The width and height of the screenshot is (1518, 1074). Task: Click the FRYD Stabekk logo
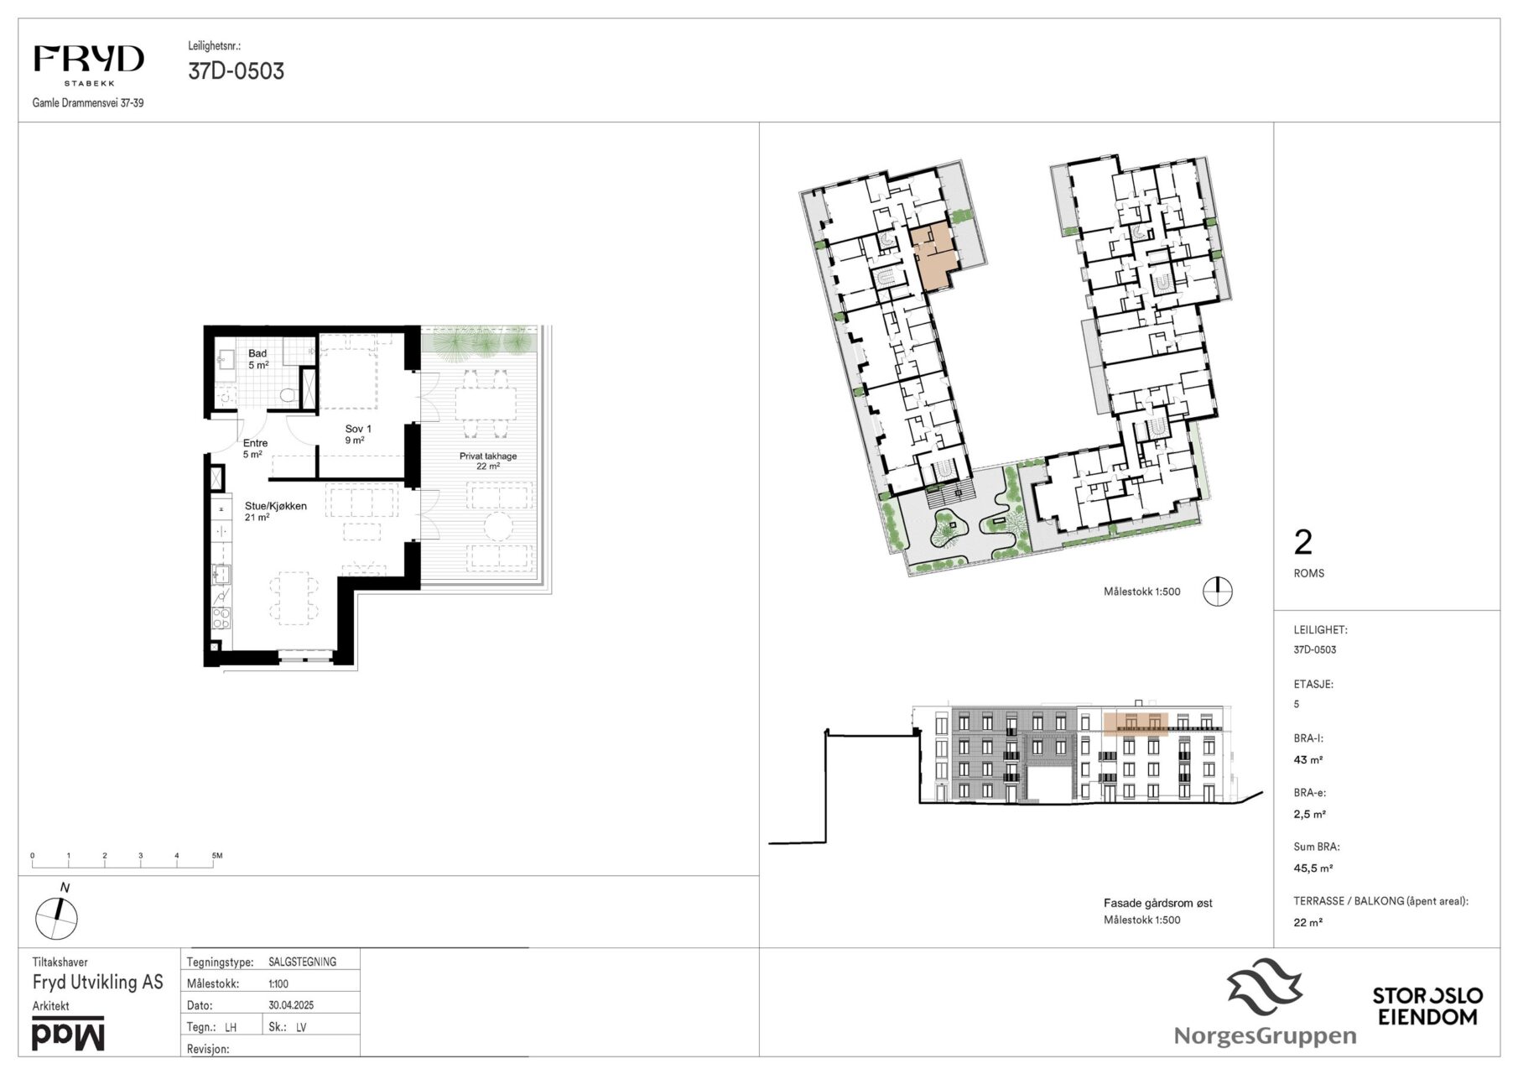click(88, 65)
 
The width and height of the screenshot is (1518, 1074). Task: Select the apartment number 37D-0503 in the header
click(236, 71)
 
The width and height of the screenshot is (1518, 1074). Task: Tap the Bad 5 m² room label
click(257, 359)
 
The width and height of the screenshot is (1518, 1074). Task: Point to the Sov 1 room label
click(358, 434)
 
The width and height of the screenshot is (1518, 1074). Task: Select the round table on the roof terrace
click(501, 529)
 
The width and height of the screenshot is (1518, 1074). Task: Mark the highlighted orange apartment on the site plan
click(933, 255)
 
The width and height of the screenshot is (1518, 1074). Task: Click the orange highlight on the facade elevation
click(1136, 723)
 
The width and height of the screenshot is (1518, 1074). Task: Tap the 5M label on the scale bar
click(216, 856)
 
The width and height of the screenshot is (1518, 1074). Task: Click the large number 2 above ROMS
click(1302, 543)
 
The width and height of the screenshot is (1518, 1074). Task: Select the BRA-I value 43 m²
click(1307, 760)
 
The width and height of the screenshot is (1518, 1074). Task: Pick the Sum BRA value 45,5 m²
click(1313, 868)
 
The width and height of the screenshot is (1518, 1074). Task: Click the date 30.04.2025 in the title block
click(291, 1005)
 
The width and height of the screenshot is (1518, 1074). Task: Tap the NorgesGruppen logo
click(1265, 1004)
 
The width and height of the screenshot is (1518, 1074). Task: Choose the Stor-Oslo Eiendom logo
click(1427, 1006)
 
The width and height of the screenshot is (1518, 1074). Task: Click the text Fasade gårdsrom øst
click(1157, 904)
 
